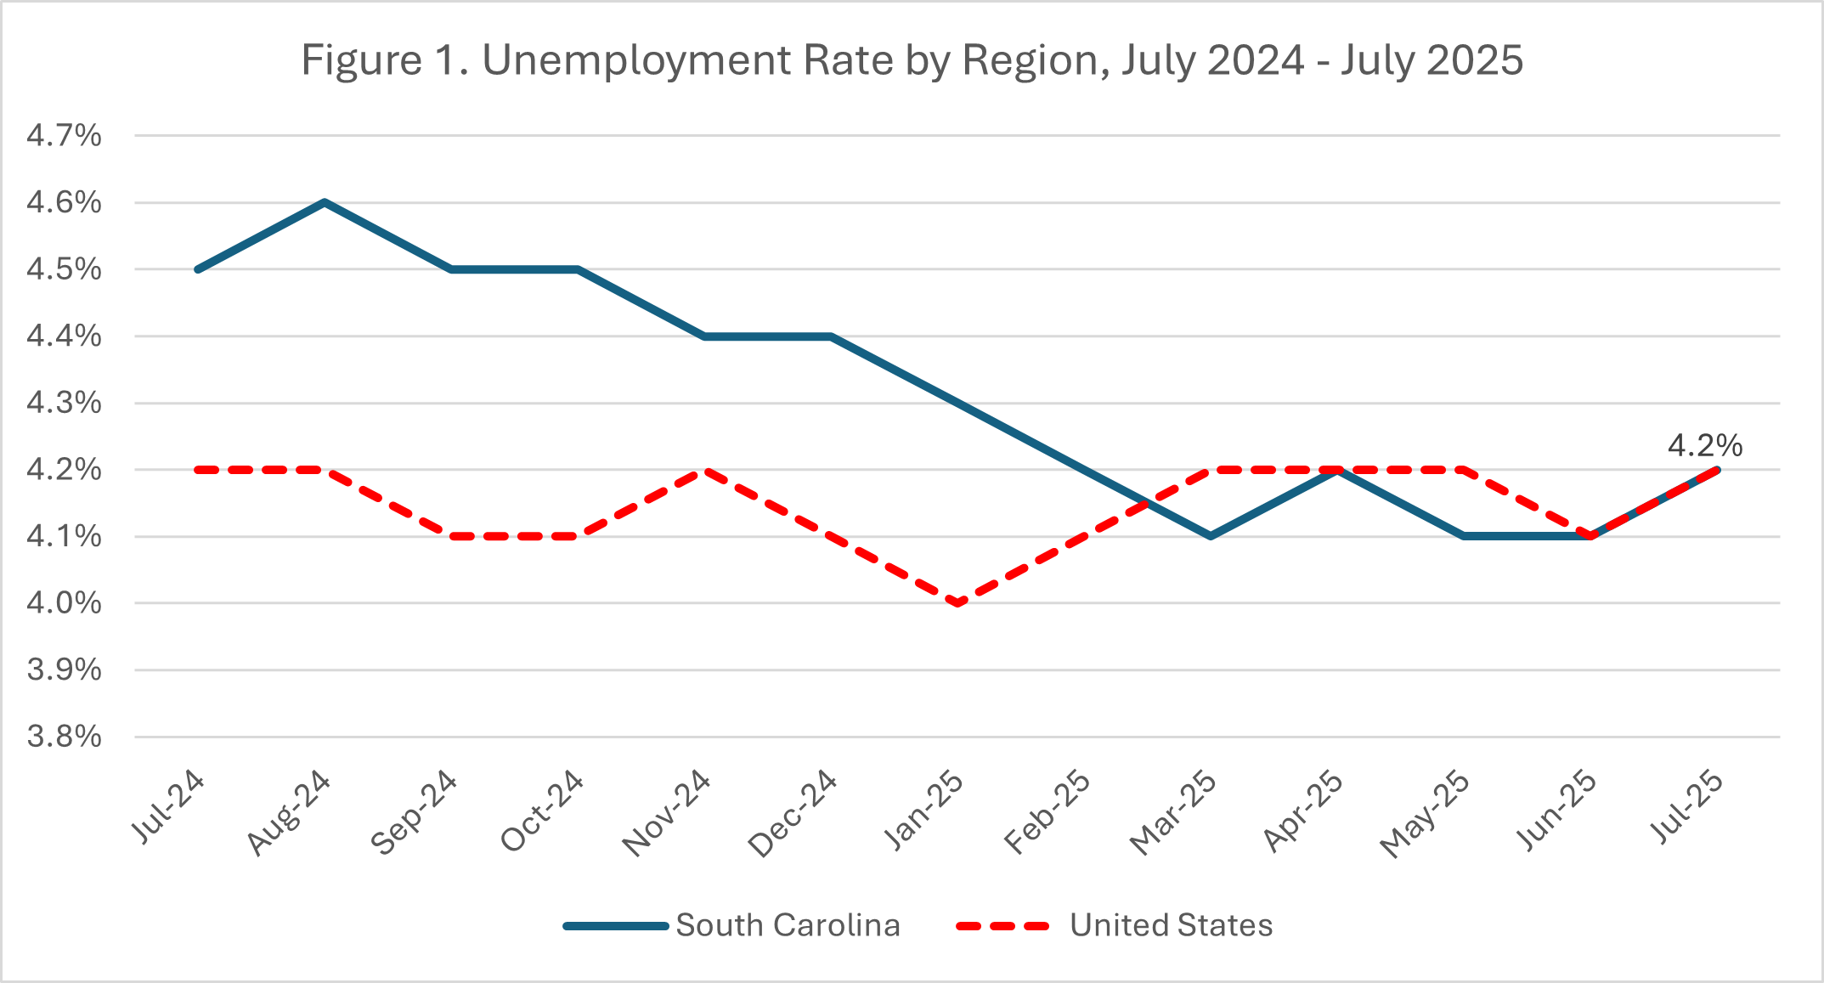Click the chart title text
[912, 60]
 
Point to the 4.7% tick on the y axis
[64, 136]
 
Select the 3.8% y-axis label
[64, 737]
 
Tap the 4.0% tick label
[64, 603]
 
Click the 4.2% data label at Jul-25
[1704, 445]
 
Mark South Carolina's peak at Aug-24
[325, 202]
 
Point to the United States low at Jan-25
[957, 603]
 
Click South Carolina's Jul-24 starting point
[198, 269]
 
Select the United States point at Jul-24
[198, 470]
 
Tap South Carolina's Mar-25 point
[1211, 536]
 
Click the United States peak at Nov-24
[704, 470]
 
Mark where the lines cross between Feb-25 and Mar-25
[1148, 503]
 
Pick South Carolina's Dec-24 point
[831, 336]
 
